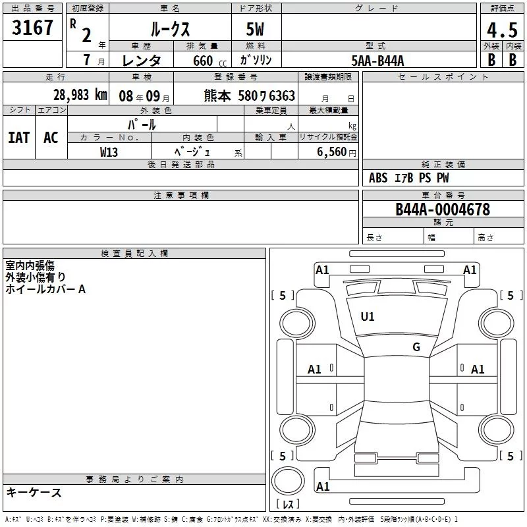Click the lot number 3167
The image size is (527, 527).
32,28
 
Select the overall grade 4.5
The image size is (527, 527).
502,30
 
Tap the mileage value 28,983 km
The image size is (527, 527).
80,95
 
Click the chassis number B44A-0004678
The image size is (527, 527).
443,209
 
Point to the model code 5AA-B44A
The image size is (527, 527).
377,61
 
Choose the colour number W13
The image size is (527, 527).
109,152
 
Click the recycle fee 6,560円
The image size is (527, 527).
337,152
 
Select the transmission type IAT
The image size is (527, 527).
19,138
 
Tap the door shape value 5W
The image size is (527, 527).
255,29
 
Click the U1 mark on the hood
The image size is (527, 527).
367,317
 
